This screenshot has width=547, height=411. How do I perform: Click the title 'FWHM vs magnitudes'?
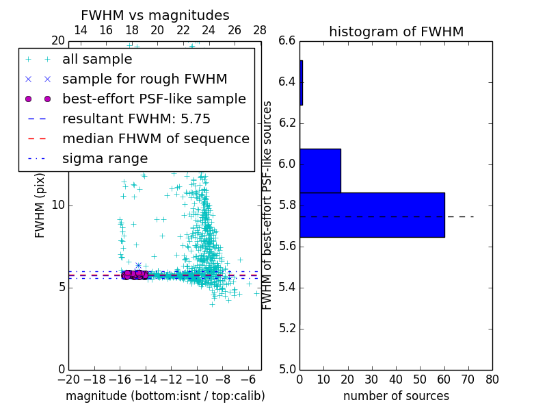[x=155, y=15]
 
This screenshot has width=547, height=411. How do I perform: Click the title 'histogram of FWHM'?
[x=396, y=32]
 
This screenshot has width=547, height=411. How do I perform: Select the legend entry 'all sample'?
[x=97, y=60]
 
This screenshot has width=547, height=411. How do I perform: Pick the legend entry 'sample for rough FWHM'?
[x=144, y=79]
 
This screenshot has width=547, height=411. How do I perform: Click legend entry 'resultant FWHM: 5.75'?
[x=136, y=119]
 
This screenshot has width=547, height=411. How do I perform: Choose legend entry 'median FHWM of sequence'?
[x=155, y=139]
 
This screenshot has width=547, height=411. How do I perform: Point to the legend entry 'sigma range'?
[x=105, y=159]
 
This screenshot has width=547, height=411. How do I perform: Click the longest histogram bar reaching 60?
[x=372, y=214]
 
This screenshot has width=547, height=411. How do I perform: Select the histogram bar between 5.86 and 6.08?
[x=320, y=171]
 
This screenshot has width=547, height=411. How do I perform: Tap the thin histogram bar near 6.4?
[x=301, y=83]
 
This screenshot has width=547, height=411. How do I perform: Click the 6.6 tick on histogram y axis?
[x=287, y=41]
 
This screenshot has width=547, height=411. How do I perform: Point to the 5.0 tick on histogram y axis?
[x=287, y=369]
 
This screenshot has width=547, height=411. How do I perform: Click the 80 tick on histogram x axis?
[x=492, y=379]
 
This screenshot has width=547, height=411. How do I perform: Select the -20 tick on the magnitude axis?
[x=68, y=379]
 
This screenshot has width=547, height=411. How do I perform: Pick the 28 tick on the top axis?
[x=260, y=30]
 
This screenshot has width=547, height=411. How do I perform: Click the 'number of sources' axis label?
[x=396, y=396]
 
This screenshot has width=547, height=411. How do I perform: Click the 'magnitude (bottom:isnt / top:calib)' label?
[x=165, y=396]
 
